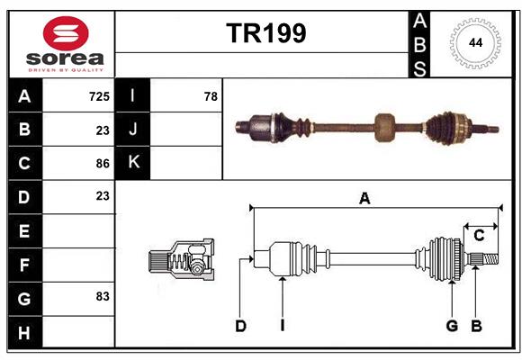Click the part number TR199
265,33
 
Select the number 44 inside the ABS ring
473,42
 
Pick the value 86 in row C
103,163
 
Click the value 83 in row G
103,296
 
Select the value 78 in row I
211,96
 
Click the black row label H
24,333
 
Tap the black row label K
133,163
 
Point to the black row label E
24,232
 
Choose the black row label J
133,130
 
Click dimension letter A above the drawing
364,199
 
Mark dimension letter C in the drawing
479,236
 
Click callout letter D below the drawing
240,326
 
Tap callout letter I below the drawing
282,326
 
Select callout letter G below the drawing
452,326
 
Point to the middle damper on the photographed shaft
384,127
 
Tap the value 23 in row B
103,130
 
